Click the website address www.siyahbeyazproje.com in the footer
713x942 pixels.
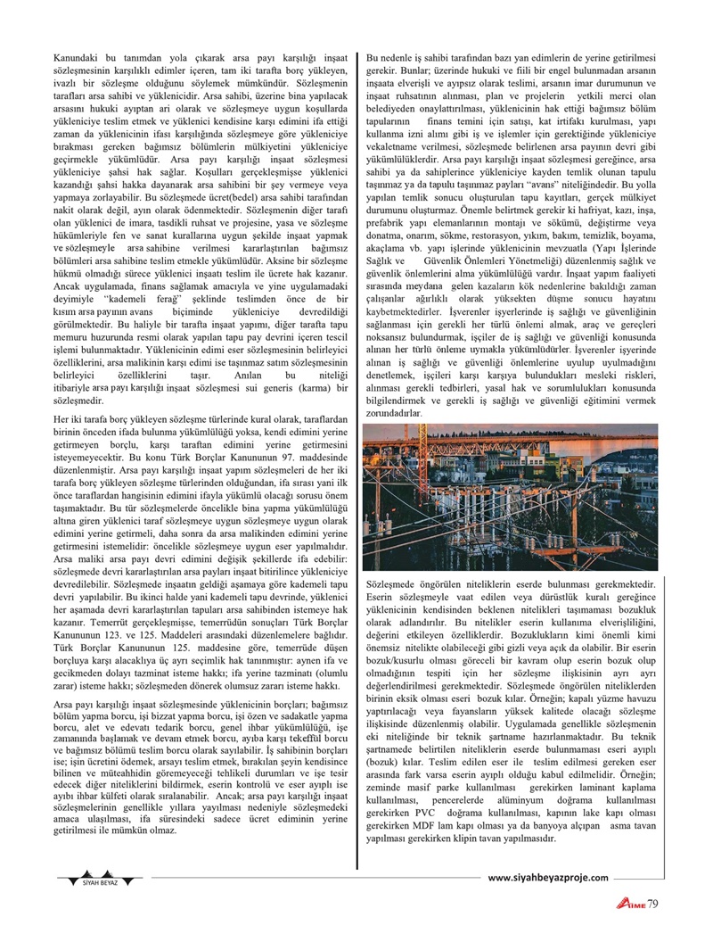(x=551, y=878)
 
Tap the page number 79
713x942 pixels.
(x=652, y=904)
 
